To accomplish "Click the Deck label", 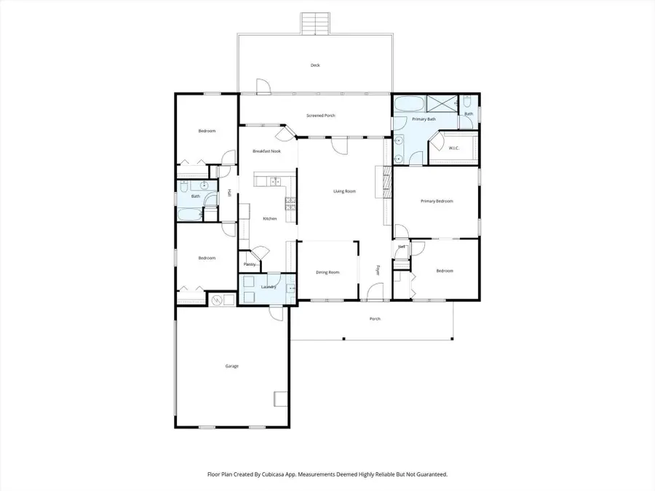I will pyautogui.click(x=315, y=65).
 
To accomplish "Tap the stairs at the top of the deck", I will pyautogui.click(x=315, y=23).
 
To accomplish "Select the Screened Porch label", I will pyautogui.click(x=320, y=116).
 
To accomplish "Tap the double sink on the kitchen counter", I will pyautogui.click(x=274, y=181).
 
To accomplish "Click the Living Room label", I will pyautogui.click(x=344, y=191).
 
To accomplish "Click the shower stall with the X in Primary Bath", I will pyautogui.click(x=441, y=103).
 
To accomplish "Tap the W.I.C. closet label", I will pyautogui.click(x=453, y=148).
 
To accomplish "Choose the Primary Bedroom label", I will pyautogui.click(x=437, y=201).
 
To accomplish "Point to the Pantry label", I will pyautogui.click(x=250, y=264).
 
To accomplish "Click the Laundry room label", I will pyautogui.click(x=267, y=287).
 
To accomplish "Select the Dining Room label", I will pyautogui.click(x=327, y=273).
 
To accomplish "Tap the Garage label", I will pyautogui.click(x=231, y=366).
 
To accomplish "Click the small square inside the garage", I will pyautogui.click(x=280, y=398).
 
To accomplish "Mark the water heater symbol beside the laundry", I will pyautogui.click(x=217, y=298).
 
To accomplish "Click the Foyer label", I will pyautogui.click(x=378, y=270).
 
